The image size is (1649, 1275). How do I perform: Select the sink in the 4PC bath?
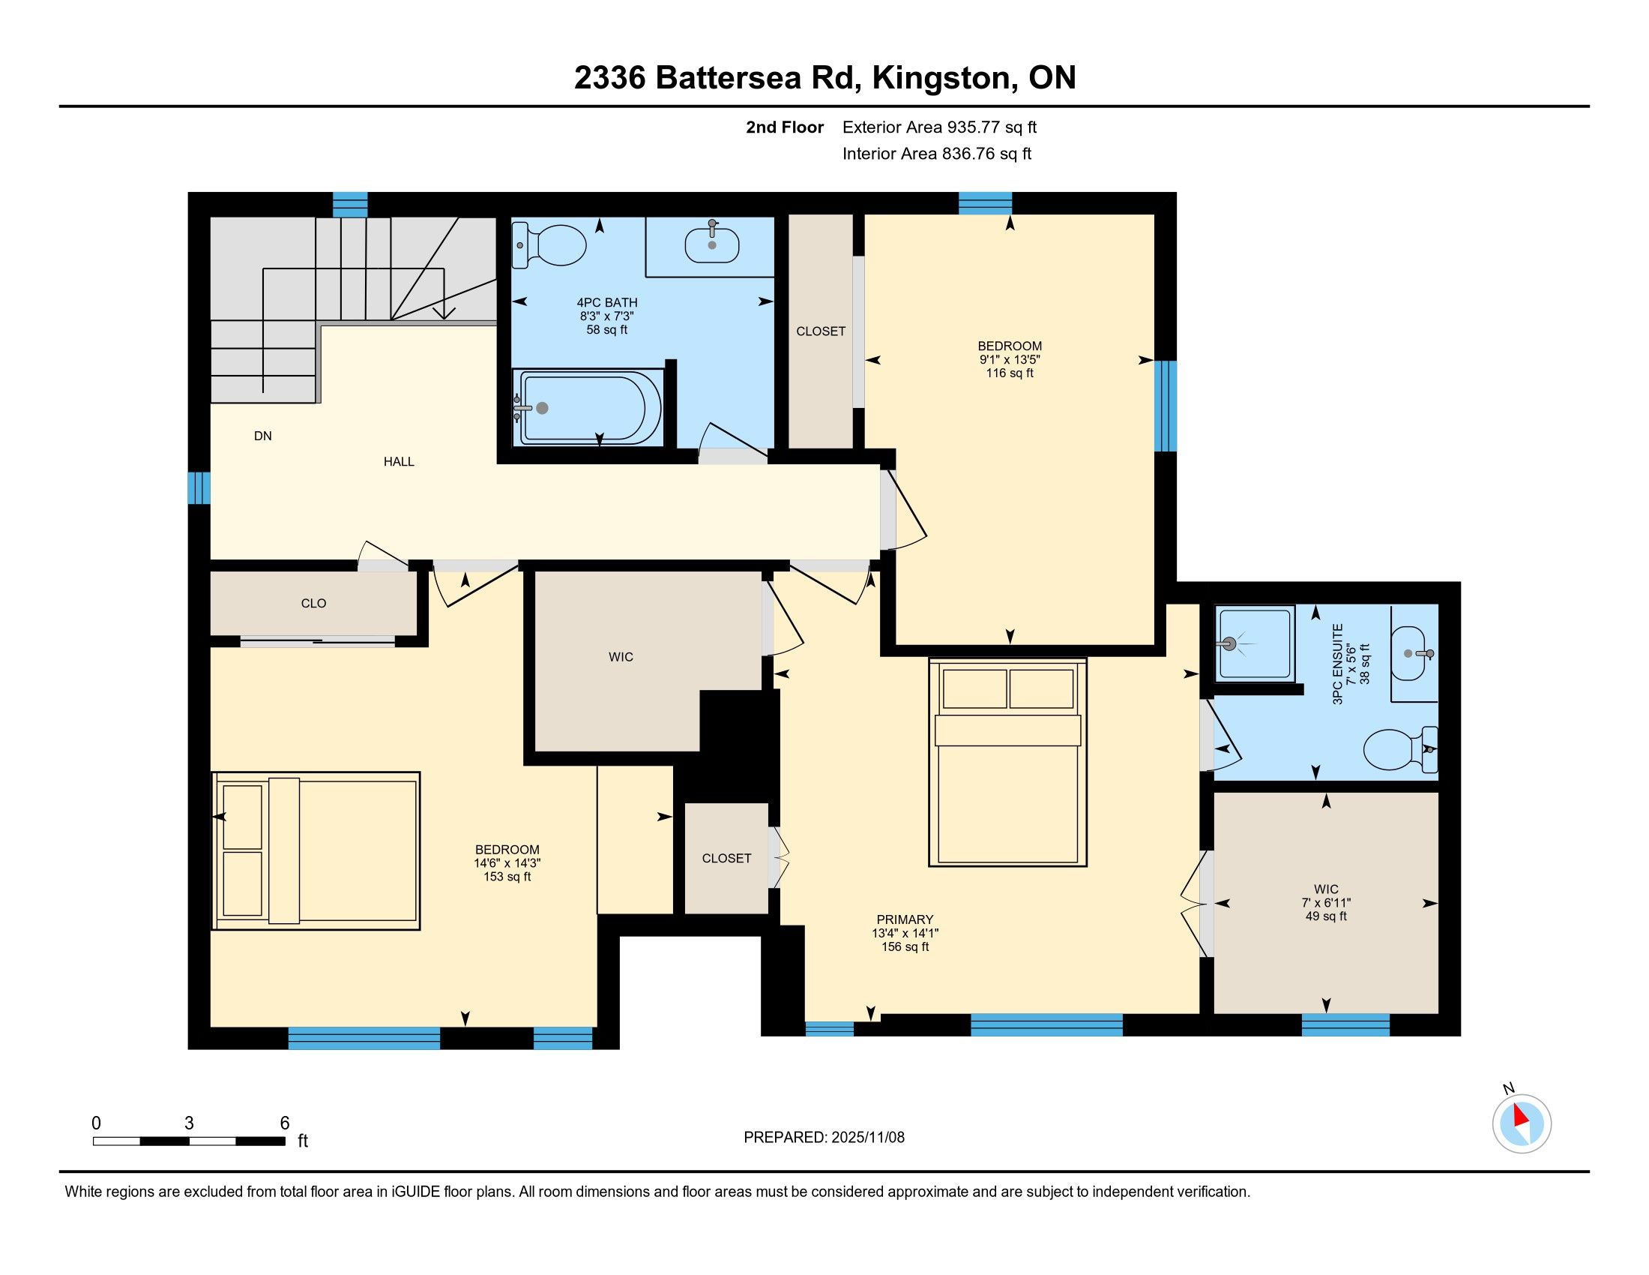tap(711, 243)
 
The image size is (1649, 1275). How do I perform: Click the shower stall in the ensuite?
tap(1255, 643)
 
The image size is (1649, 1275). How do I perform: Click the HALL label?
tap(399, 461)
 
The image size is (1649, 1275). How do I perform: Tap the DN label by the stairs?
tap(263, 436)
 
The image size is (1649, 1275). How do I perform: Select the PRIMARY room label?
tap(905, 919)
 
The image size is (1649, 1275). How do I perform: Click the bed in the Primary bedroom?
tap(1007, 761)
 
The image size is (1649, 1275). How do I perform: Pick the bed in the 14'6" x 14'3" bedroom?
tap(316, 850)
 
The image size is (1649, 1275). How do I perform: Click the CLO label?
tap(313, 603)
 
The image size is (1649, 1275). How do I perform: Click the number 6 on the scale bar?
tap(285, 1123)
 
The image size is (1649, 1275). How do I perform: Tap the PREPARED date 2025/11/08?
tap(867, 1137)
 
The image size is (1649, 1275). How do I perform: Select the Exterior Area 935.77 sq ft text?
tap(940, 127)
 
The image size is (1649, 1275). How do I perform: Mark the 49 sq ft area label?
tap(1326, 916)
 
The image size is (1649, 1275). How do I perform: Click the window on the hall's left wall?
tap(199, 488)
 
